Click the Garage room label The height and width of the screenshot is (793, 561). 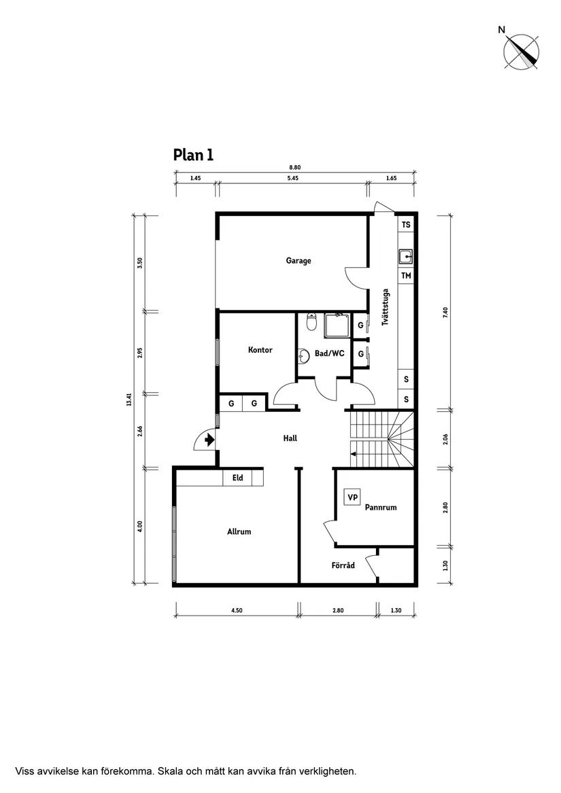tap(299, 261)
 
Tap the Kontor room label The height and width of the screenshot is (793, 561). tap(260, 350)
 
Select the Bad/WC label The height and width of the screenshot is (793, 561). tap(329, 353)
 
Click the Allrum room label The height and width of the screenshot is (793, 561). tap(239, 531)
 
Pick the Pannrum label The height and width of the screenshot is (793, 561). tap(380, 507)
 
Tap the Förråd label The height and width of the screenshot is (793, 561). tap(343, 565)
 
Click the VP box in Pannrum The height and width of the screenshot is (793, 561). tap(352, 497)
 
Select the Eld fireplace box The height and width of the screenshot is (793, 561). tap(238, 478)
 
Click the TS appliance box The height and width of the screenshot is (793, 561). tap(406, 224)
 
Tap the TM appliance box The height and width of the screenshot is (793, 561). tap(406, 275)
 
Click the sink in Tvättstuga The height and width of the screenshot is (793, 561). tap(405, 256)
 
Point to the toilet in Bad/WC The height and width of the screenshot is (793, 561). tap(311, 322)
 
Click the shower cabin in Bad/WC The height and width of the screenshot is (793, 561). tap(337, 325)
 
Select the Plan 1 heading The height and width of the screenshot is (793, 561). tap(193, 155)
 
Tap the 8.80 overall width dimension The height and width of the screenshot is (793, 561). tap(294, 167)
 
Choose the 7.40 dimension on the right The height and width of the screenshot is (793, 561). tap(446, 313)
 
